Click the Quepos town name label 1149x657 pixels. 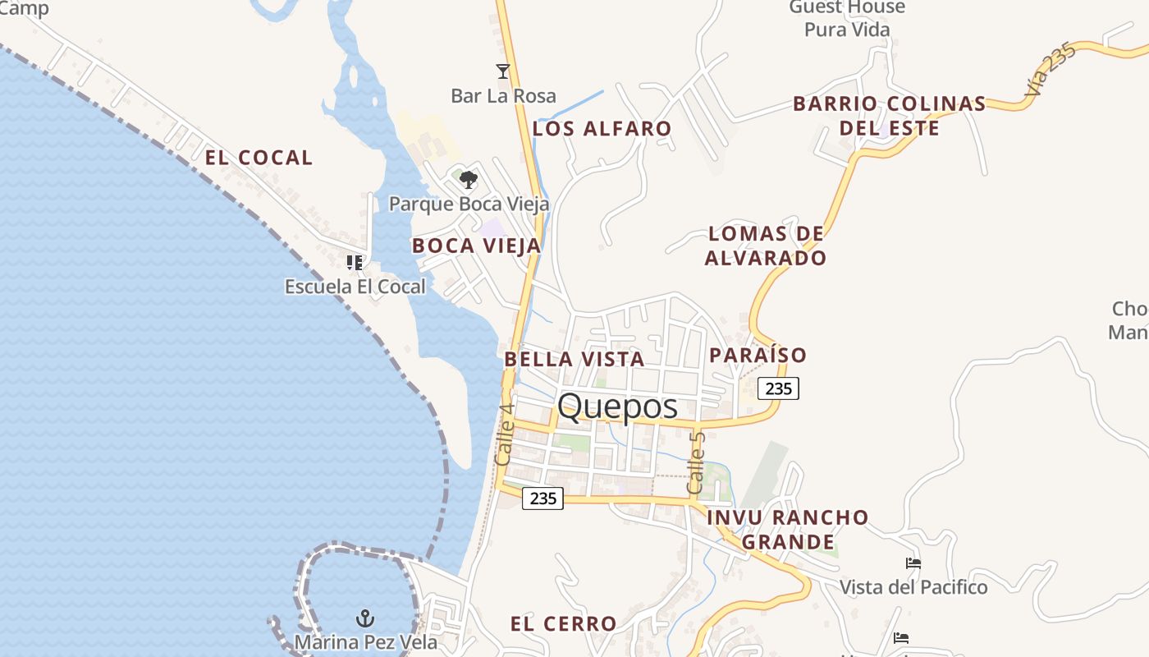click(617, 407)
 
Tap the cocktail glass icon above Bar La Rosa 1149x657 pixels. click(503, 71)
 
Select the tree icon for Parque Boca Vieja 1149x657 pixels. click(468, 179)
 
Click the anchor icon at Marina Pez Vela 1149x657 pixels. click(364, 618)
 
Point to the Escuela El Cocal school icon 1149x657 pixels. click(355, 263)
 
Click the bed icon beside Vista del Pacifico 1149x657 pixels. click(913, 563)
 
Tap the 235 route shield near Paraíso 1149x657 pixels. click(778, 388)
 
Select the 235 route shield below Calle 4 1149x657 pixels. click(542, 498)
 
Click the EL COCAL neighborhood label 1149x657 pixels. click(259, 158)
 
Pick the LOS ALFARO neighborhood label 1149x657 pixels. click(602, 129)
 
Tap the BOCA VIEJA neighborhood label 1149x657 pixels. click(476, 246)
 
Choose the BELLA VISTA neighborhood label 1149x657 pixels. click(574, 359)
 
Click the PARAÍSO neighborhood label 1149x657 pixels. click(758, 355)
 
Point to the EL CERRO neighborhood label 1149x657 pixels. click(563, 624)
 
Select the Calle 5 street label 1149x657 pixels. click(697, 462)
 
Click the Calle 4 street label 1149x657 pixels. click(505, 434)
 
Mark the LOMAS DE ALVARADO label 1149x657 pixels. click(765, 246)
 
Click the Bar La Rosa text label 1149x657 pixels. click(503, 96)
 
